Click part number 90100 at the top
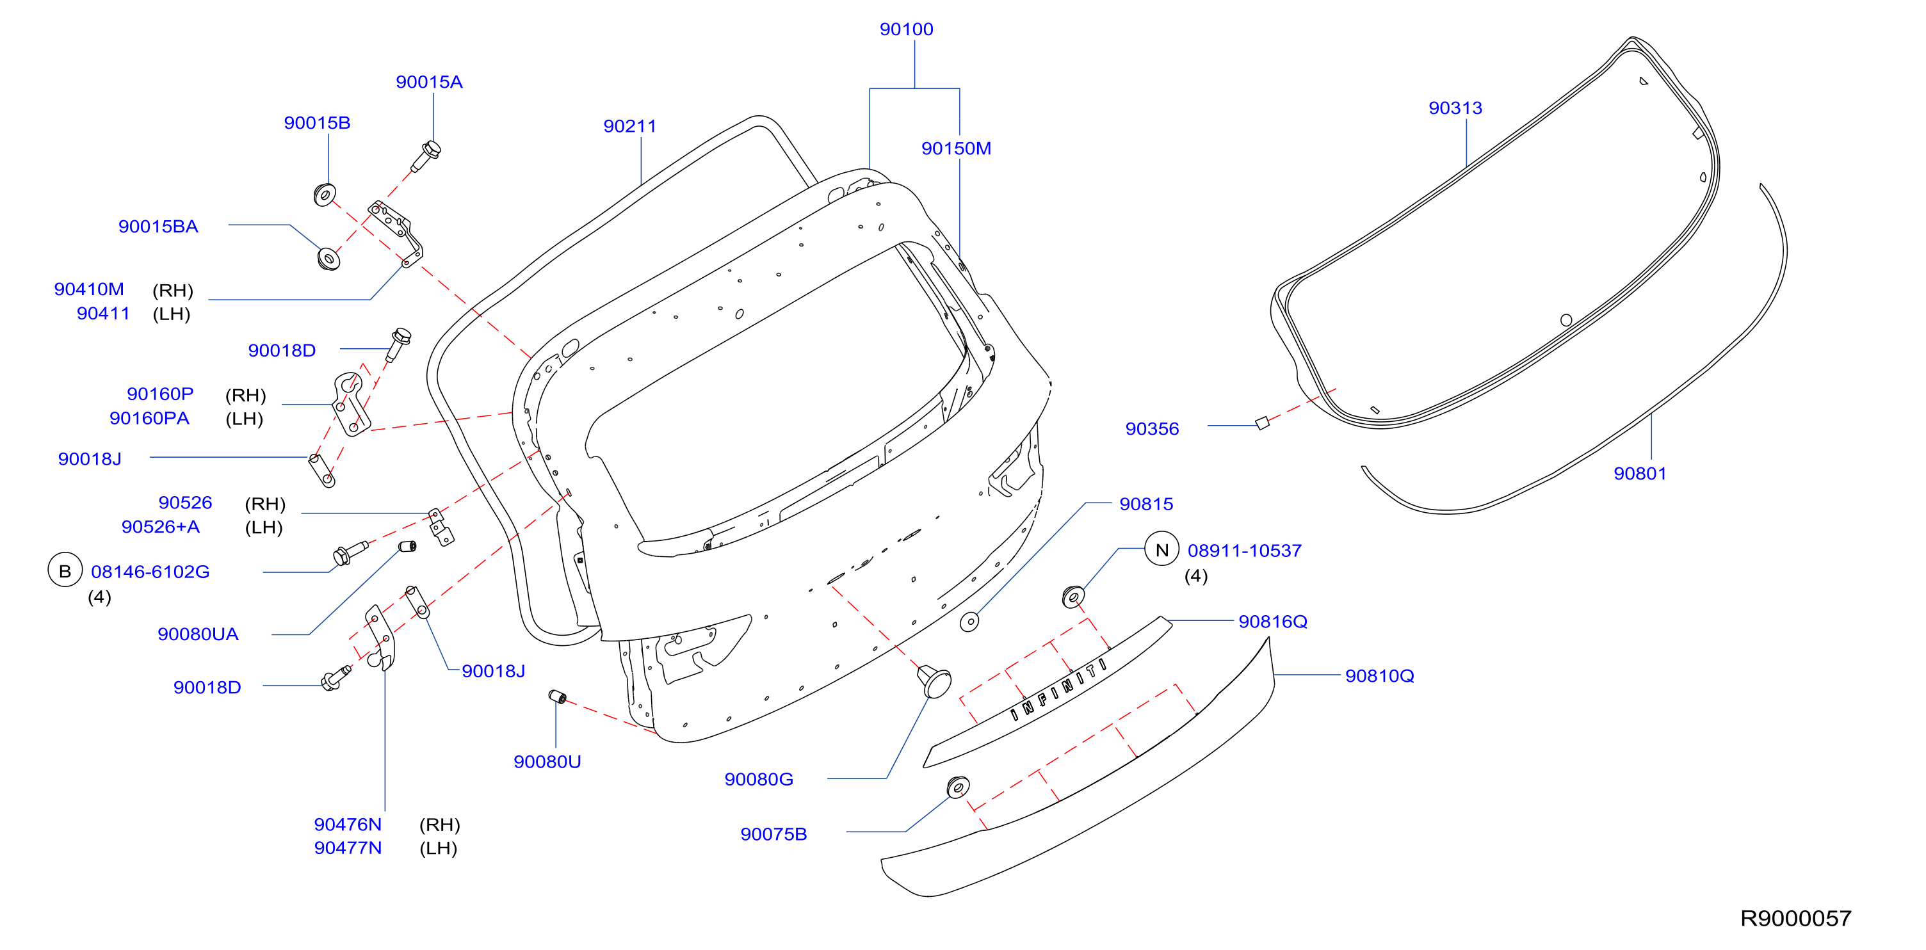pos(906,29)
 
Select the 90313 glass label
pos(1455,108)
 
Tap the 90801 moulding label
pos(1640,473)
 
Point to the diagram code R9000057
pos(1795,918)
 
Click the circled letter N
pos(1162,550)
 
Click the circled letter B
pos(65,571)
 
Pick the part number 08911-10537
pos(1244,551)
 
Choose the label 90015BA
pos(159,227)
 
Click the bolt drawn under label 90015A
pos(426,155)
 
